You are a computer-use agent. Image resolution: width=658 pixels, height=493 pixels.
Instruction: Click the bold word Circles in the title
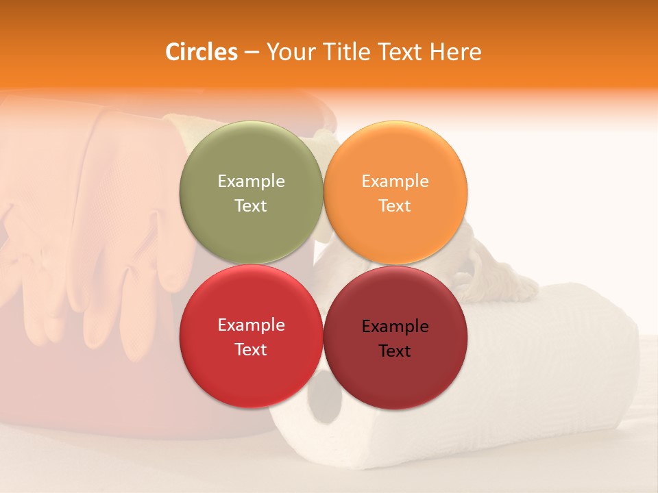click(x=202, y=52)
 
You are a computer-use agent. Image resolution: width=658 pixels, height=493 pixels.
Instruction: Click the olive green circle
click(x=251, y=193)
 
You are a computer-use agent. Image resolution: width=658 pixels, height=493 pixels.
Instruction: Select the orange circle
click(x=395, y=193)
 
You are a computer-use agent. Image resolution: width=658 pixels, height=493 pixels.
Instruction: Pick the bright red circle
click(x=251, y=337)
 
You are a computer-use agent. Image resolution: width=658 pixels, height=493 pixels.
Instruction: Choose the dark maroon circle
click(x=395, y=337)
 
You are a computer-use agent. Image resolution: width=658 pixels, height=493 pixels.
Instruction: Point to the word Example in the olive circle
click(x=251, y=181)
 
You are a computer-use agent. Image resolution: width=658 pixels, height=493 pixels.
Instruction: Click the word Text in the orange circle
click(x=395, y=206)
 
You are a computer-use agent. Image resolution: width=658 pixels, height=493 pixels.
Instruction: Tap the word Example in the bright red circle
click(x=251, y=325)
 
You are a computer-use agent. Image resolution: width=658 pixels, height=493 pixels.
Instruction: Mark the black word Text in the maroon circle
click(x=395, y=351)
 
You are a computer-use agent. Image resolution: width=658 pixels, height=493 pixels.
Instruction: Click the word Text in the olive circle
click(x=251, y=206)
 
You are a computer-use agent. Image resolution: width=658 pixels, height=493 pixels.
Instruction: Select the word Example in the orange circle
click(x=395, y=181)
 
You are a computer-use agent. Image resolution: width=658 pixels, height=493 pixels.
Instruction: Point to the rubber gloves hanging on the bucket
click(x=103, y=233)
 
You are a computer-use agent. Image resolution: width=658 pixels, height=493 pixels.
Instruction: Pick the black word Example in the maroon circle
click(x=395, y=327)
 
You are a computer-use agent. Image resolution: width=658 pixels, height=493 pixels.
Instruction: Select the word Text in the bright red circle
click(x=251, y=350)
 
